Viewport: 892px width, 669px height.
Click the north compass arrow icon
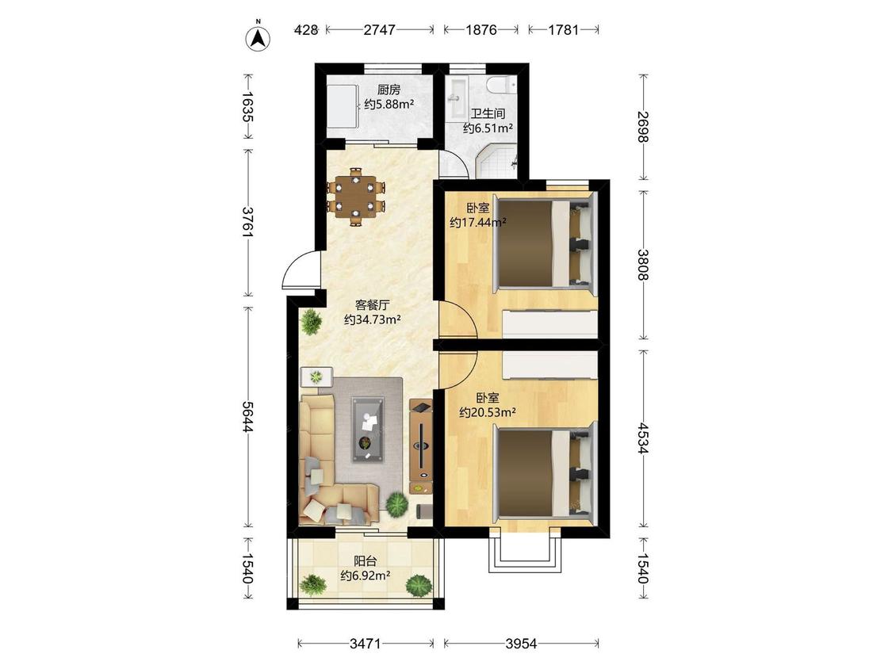tap(258, 37)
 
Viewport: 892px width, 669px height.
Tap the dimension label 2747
tap(380, 29)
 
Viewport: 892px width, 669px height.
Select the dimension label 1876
tap(481, 29)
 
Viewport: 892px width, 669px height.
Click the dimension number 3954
tap(521, 644)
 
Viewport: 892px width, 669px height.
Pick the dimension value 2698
tap(643, 127)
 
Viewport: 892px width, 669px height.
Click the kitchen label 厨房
tap(389, 90)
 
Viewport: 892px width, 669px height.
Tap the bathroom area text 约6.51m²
tap(488, 128)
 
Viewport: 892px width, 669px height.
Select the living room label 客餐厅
tap(372, 305)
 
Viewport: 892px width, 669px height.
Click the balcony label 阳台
tap(366, 561)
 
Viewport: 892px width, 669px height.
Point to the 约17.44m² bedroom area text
tap(478, 223)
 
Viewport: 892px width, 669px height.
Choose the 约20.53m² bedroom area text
tap(488, 412)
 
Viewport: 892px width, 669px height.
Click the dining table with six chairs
tap(356, 197)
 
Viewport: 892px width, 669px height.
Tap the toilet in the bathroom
tap(501, 84)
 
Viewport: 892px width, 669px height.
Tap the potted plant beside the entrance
tap(311, 323)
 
